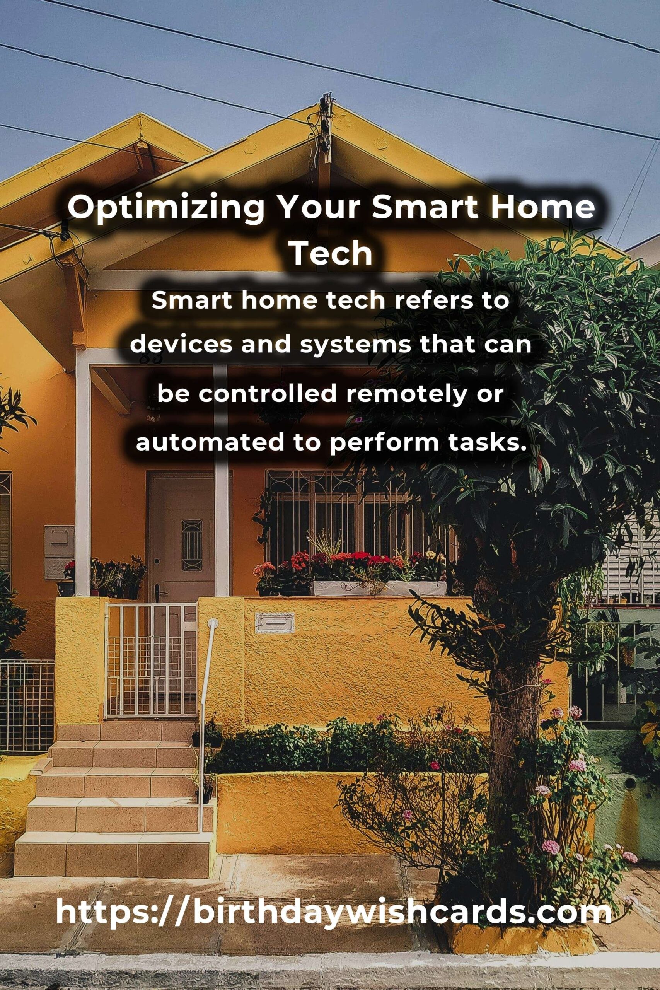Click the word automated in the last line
click(210, 443)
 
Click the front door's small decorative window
click(192, 539)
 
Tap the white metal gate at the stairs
click(150, 660)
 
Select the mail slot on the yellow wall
click(275, 623)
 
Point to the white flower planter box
click(379, 589)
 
